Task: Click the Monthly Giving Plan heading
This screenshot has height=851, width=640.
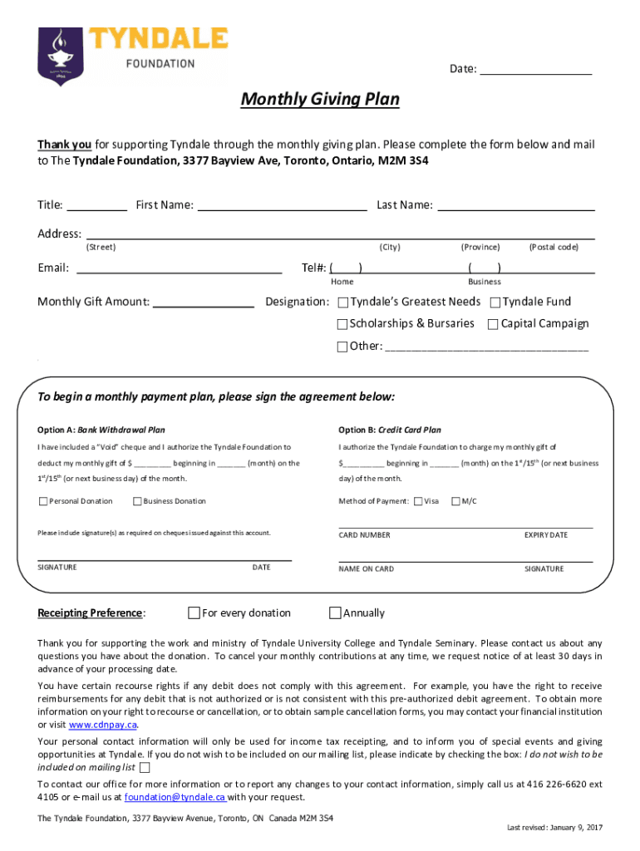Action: [x=320, y=101]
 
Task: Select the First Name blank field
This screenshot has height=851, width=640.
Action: [x=282, y=206]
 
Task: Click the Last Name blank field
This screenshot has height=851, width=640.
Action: [x=516, y=206]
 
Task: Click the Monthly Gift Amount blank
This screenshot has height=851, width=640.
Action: [x=204, y=303]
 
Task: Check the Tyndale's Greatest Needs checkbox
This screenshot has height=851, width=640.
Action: [x=343, y=303]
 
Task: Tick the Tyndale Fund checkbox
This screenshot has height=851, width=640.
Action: [x=495, y=303]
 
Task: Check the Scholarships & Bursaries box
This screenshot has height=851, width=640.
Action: [x=342, y=324]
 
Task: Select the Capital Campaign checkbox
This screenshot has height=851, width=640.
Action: [x=493, y=324]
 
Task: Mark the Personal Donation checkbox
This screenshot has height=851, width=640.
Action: [x=43, y=501]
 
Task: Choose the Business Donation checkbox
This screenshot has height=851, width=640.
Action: [x=137, y=501]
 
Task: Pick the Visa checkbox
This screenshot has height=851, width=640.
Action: [x=418, y=501]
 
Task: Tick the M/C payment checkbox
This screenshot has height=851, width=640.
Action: [x=455, y=501]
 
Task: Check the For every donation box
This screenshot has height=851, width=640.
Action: [x=194, y=613]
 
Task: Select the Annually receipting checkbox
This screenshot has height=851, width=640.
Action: [x=335, y=613]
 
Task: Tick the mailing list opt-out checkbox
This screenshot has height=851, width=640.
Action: [x=145, y=768]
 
